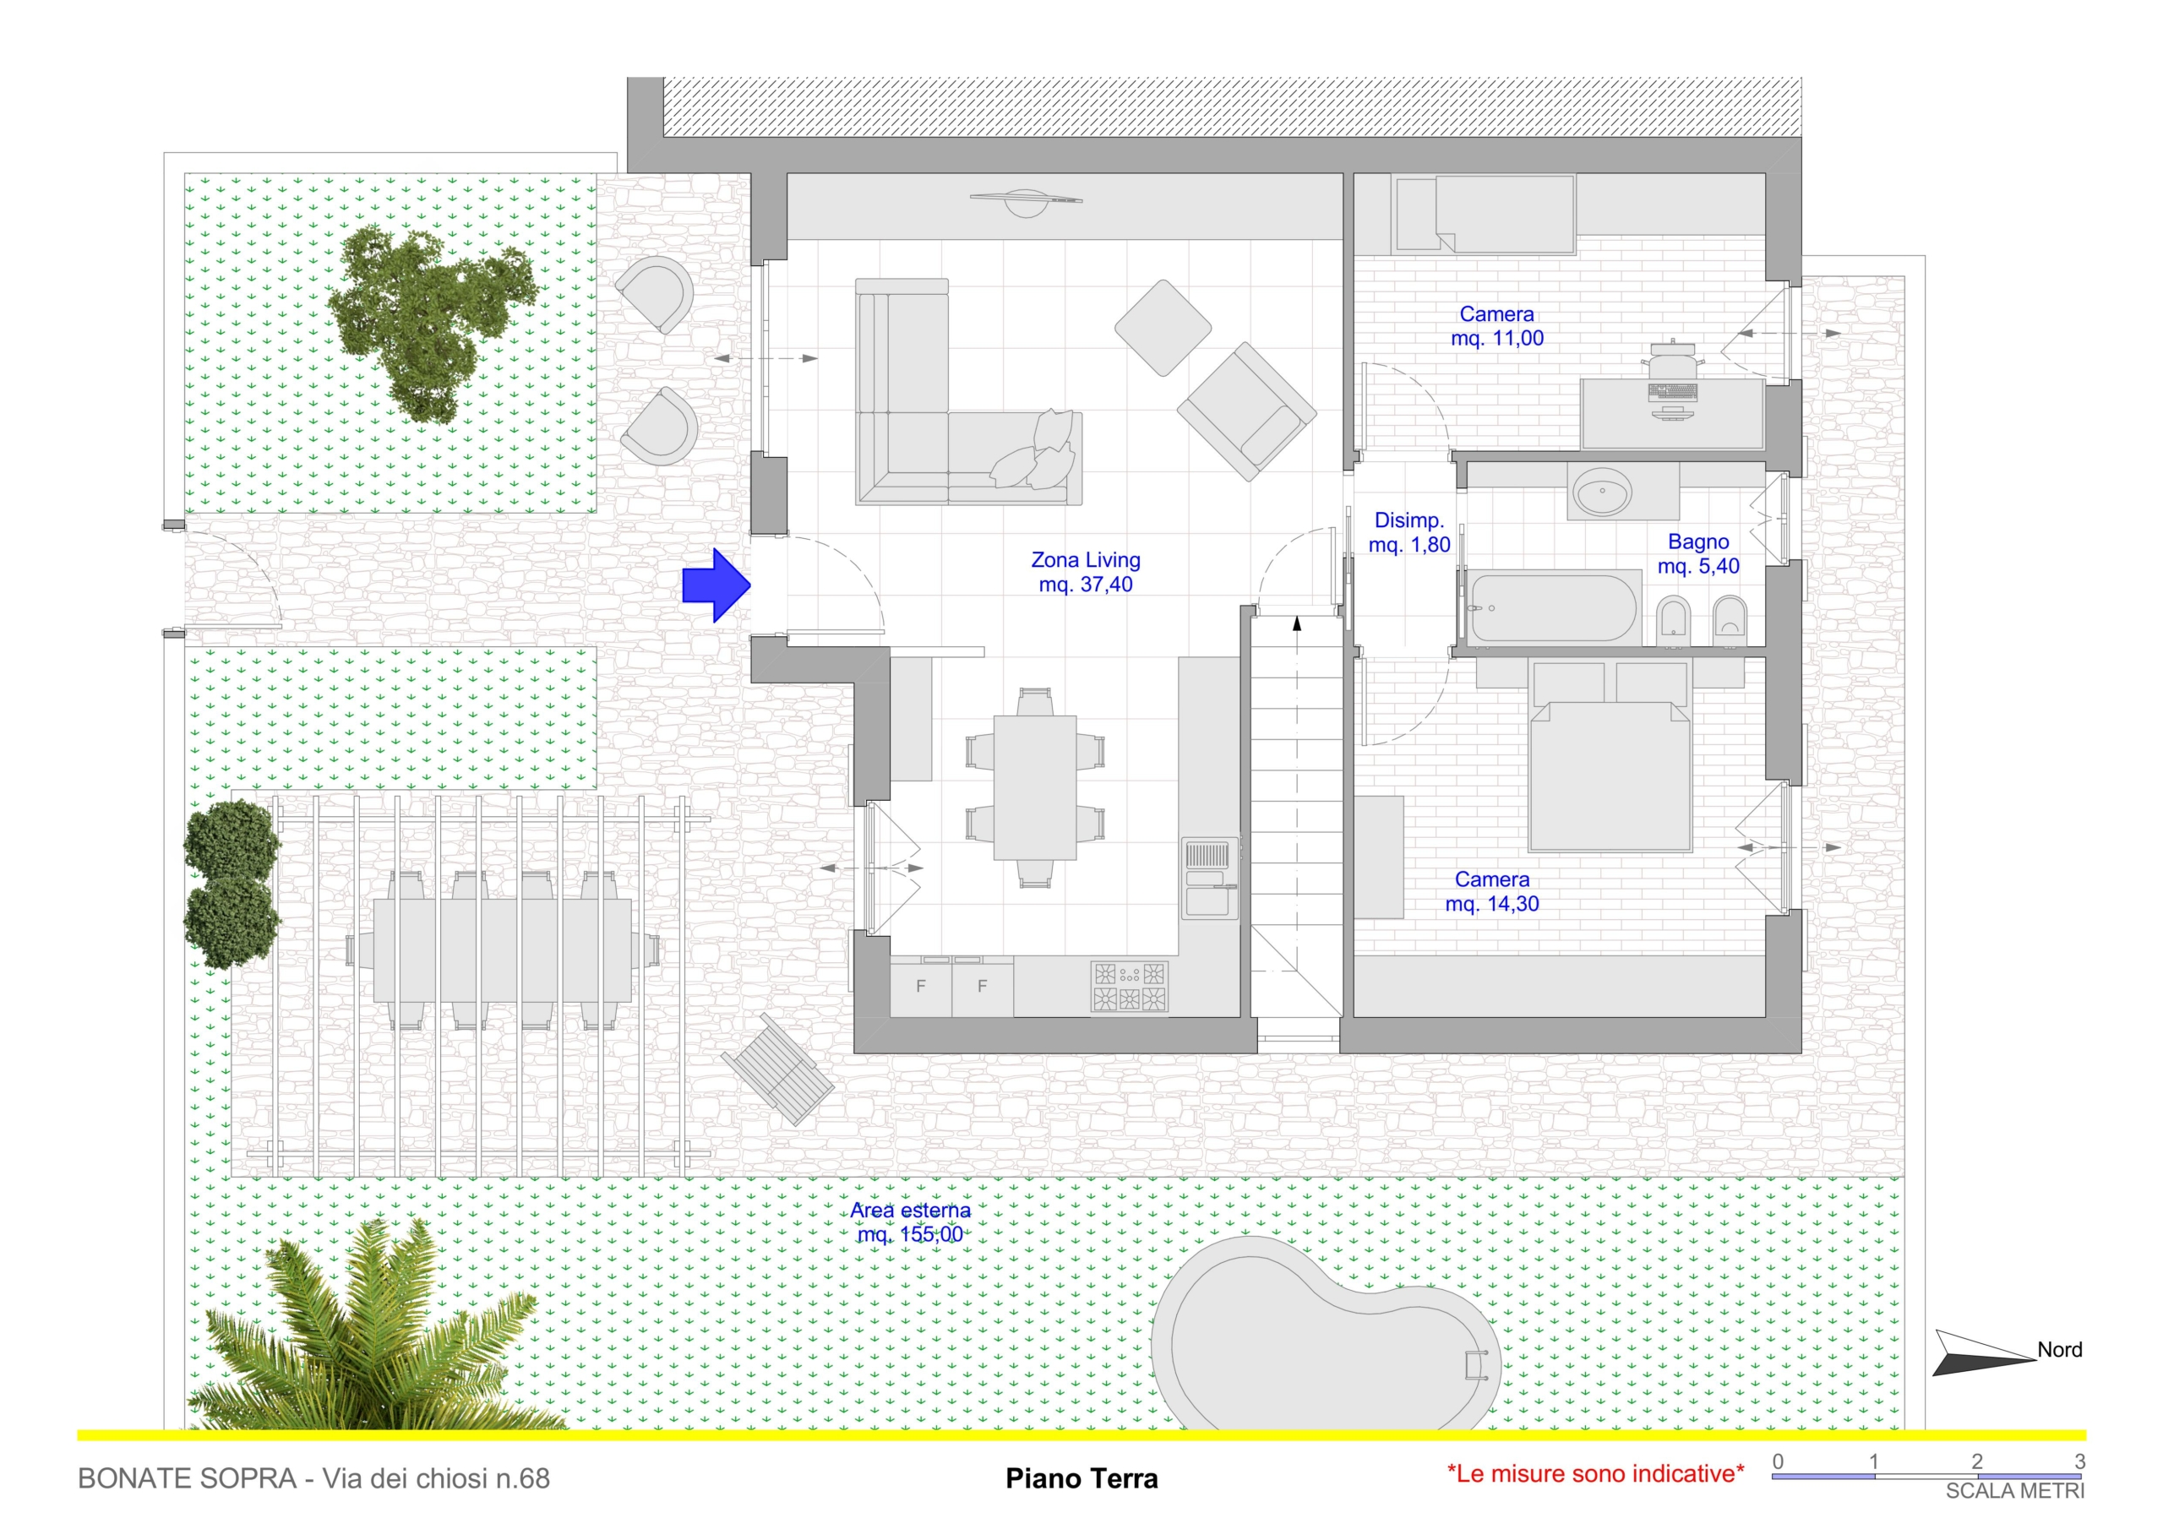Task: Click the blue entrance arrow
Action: pyautogui.click(x=716, y=585)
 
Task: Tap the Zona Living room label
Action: pyautogui.click(x=1085, y=572)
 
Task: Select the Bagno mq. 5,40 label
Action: pyautogui.click(x=1697, y=554)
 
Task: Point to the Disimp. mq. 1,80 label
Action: pyautogui.click(x=1408, y=532)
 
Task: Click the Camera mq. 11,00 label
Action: pyautogui.click(x=1497, y=326)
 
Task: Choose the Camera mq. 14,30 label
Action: pyautogui.click(x=1492, y=891)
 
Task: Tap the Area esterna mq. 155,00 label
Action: pyautogui.click(x=910, y=1222)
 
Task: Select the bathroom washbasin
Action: pyautogui.click(x=1603, y=491)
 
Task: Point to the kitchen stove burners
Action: pyautogui.click(x=1130, y=987)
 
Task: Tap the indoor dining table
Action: pyautogui.click(x=1034, y=787)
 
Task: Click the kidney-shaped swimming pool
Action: pyautogui.click(x=1319, y=1347)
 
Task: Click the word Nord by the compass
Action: pyautogui.click(x=2059, y=1349)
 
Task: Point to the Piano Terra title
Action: pyautogui.click(x=1081, y=1478)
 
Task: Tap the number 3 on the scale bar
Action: pyautogui.click(x=2079, y=1461)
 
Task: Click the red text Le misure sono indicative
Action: pyautogui.click(x=1595, y=1473)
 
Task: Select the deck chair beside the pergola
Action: pyautogui.click(x=777, y=1070)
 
